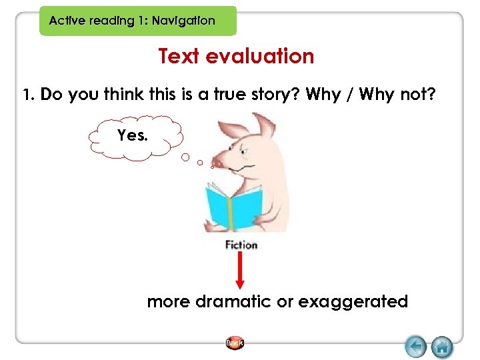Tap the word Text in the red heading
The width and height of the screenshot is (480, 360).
(179, 57)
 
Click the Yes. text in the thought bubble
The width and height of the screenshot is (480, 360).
(133, 136)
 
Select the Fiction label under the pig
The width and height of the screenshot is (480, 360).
(241, 245)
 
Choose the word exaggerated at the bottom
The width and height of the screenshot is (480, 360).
(353, 302)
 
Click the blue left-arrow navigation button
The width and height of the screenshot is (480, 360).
(416, 346)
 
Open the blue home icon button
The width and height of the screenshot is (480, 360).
(442, 346)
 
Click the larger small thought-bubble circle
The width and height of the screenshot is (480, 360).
(186, 158)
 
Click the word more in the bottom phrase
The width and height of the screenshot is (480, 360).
(169, 302)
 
